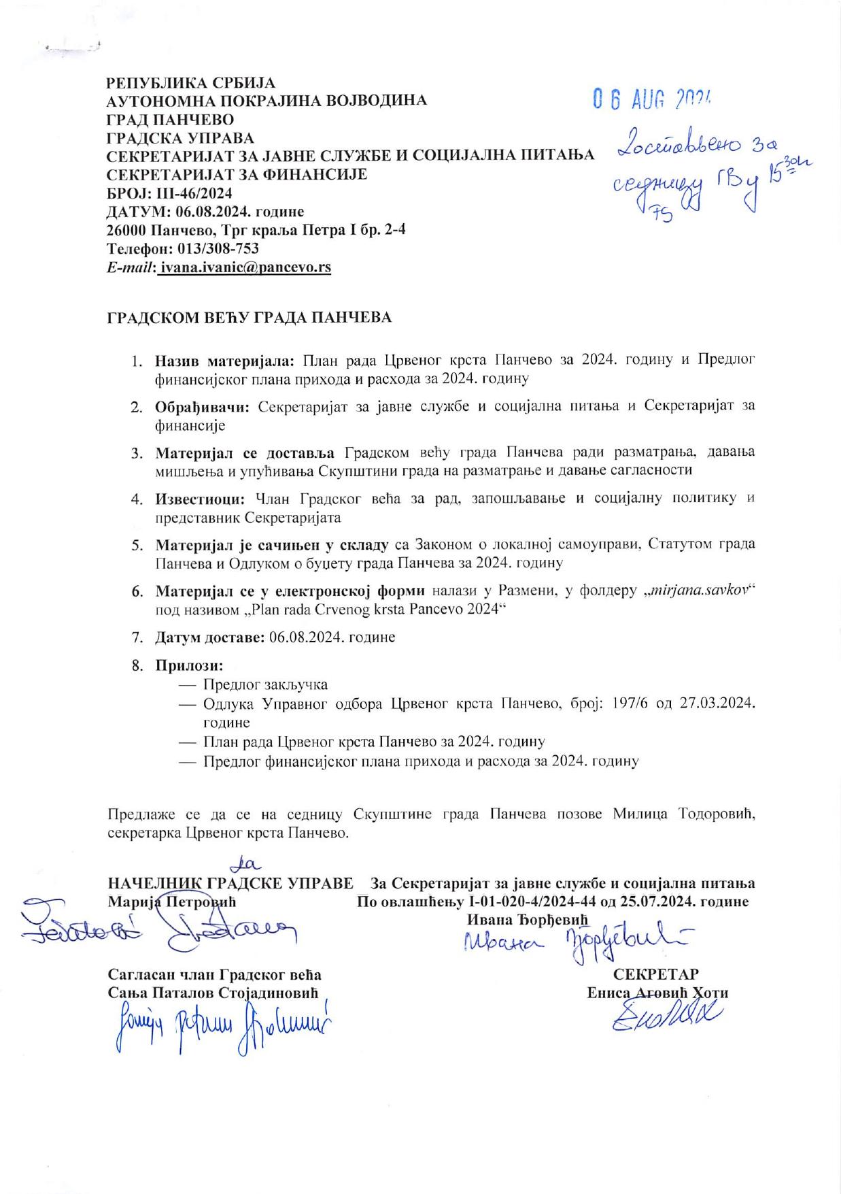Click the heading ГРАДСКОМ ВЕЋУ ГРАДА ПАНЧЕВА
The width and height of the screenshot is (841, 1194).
(x=250, y=317)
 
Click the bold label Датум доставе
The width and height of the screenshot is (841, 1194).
(x=209, y=637)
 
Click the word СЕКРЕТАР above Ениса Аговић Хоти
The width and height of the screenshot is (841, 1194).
(x=656, y=974)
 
